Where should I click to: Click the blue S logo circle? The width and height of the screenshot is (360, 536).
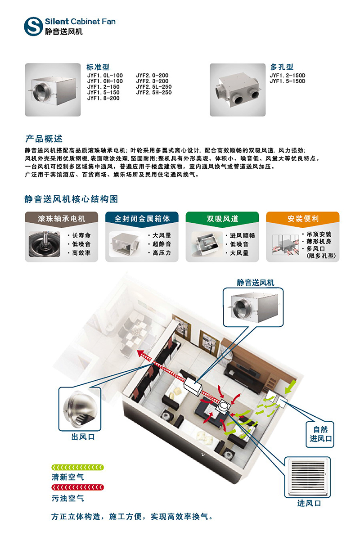(x=33, y=26)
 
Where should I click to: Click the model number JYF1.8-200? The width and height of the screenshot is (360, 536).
(x=103, y=98)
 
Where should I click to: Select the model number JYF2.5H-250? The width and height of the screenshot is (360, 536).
(x=154, y=92)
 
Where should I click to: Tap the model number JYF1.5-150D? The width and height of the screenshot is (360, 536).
(x=288, y=81)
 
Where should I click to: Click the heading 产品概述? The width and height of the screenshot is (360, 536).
(x=44, y=139)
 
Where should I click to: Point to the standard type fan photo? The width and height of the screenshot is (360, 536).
(x=53, y=90)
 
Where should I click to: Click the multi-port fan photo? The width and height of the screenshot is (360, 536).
(x=238, y=90)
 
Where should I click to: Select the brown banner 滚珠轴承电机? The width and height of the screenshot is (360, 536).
(x=62, y=218)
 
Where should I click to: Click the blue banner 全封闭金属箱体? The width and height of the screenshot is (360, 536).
(x=142, y=218)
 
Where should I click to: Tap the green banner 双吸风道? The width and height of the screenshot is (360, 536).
(x=222, y=218)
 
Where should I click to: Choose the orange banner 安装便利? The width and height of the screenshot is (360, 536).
(x=303, y=218)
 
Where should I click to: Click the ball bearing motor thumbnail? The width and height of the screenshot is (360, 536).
(x=45, y=244)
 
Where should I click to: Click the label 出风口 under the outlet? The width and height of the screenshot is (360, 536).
(x=83, y=437)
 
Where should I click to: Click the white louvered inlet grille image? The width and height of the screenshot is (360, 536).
(x=308, y=477)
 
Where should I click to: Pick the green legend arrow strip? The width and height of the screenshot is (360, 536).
(x=77, y=467)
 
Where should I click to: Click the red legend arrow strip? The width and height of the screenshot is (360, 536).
(x=77, y=487)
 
